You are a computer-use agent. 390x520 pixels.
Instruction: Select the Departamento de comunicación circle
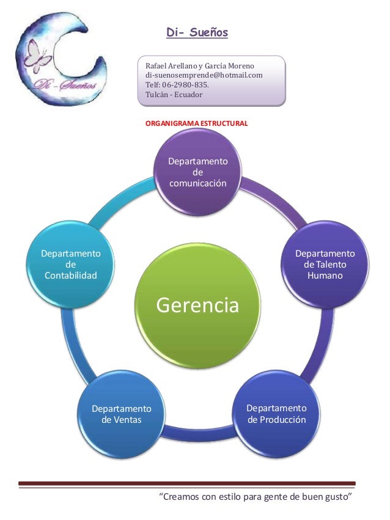[197, 172]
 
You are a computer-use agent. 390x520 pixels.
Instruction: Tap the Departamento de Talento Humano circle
[325, 265]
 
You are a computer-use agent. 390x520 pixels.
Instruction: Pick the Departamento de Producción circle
[276, 414]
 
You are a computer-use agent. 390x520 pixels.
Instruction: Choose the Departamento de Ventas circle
[121, 414]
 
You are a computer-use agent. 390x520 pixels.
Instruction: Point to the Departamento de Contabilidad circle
[71, 265]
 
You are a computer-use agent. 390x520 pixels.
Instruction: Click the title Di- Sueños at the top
[197, 32]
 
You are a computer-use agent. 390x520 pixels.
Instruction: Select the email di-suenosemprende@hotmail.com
[204, 75]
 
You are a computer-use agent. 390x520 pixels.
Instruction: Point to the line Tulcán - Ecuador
[174, 95]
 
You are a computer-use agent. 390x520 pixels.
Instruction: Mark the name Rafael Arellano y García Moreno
[200, 65]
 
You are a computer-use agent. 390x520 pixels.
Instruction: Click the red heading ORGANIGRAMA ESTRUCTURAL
[196, 123]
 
